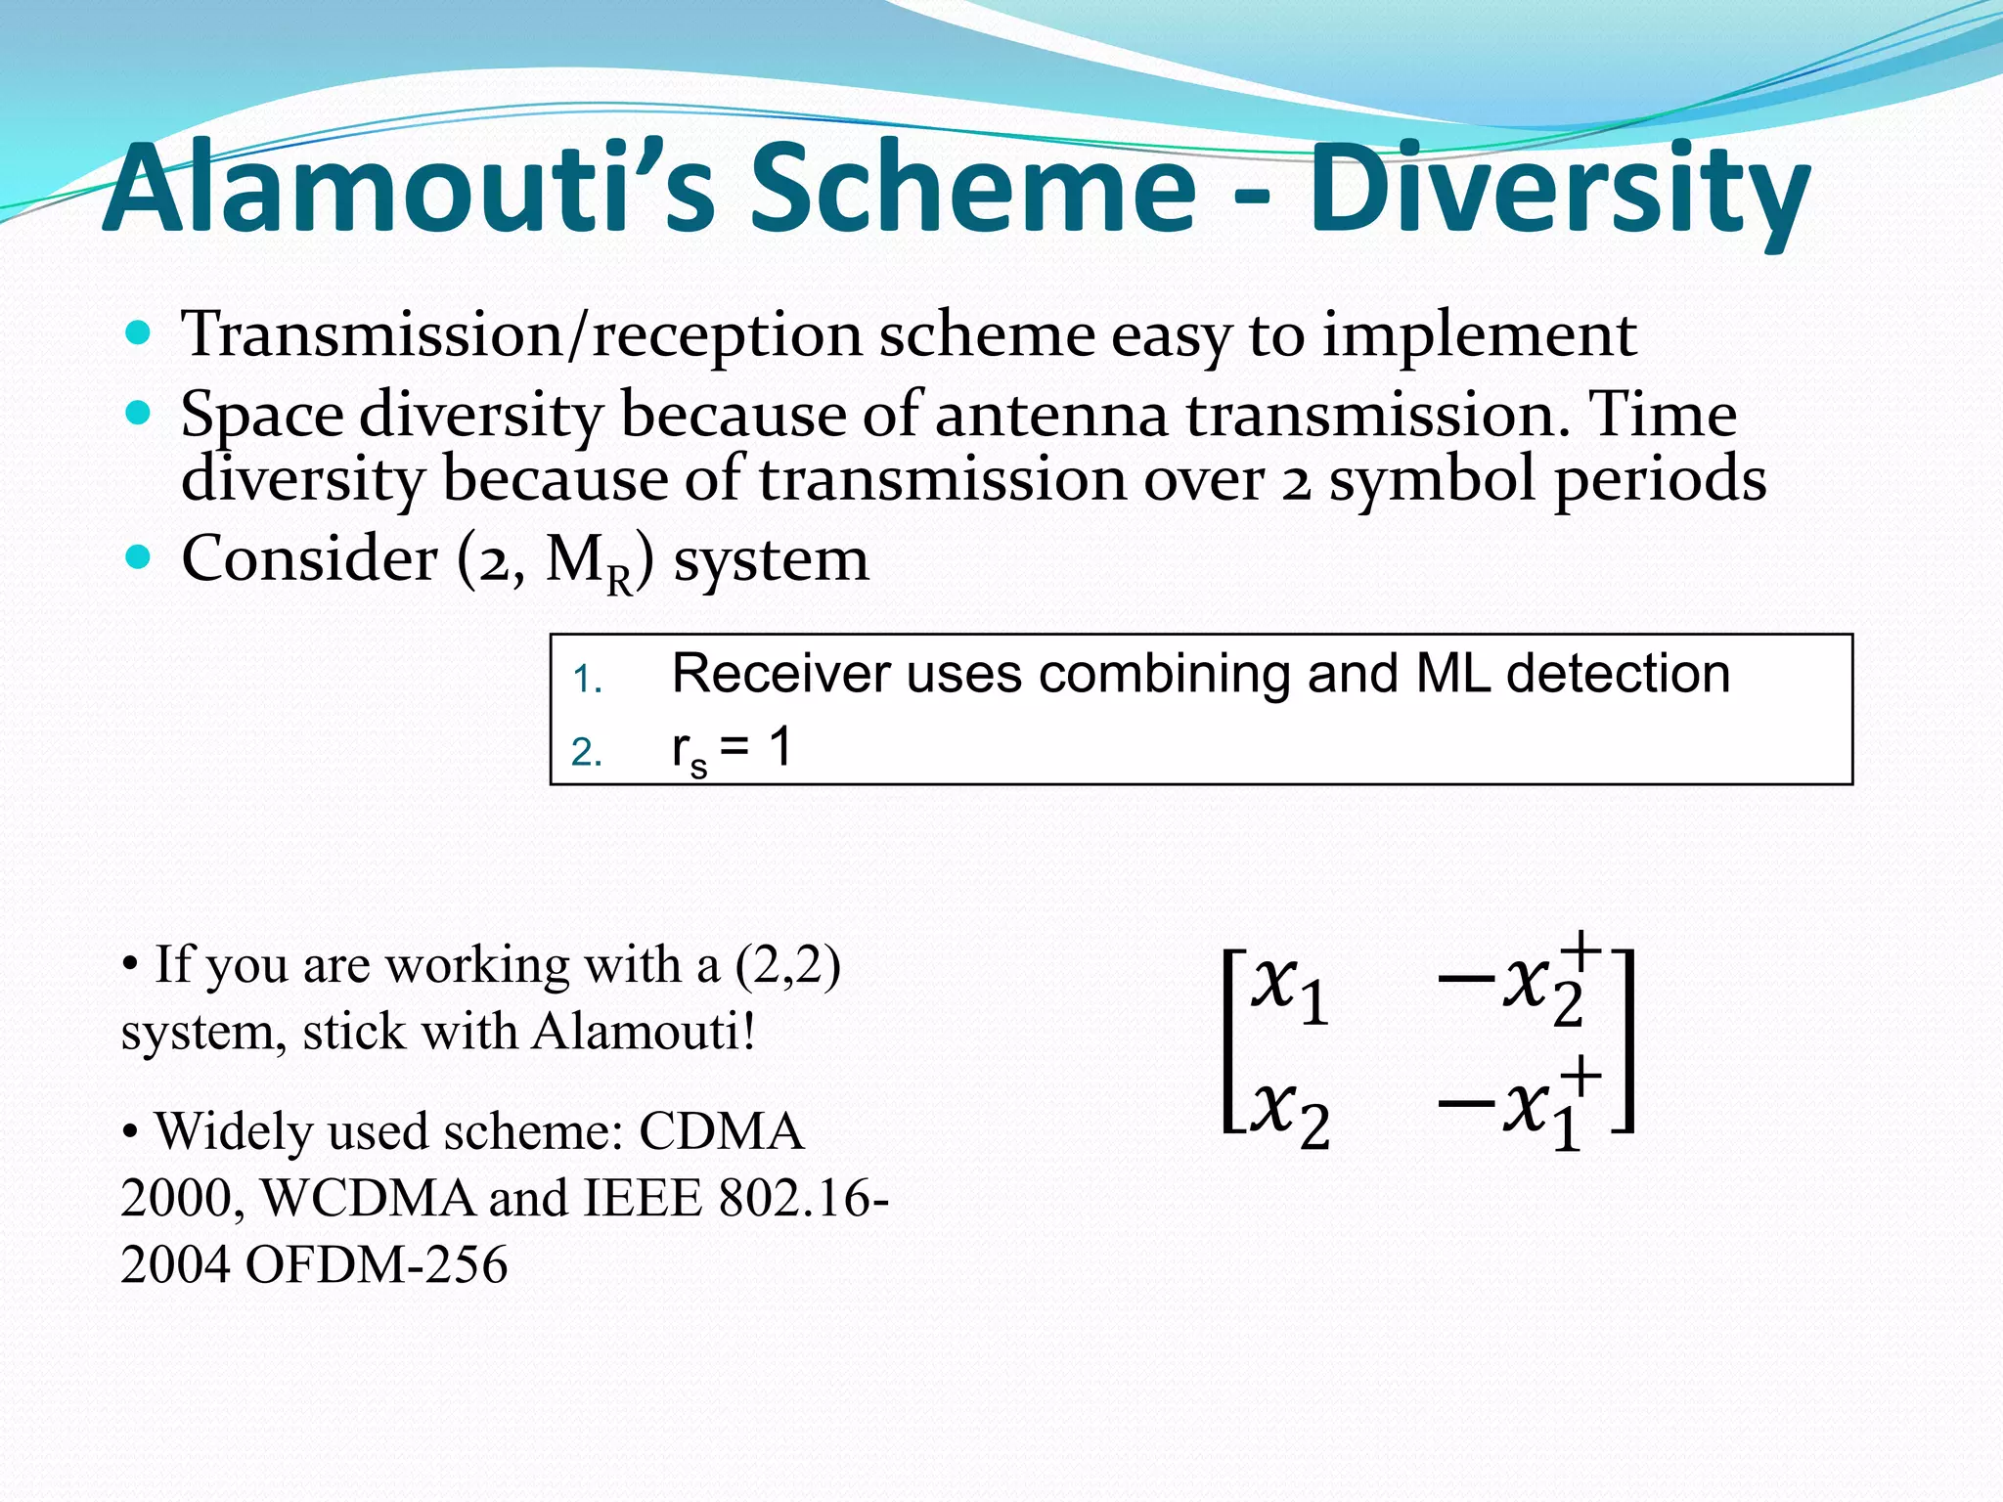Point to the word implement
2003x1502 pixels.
tap(1479, 335)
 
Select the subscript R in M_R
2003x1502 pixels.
tap(619, 584)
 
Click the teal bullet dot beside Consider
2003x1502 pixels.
tap(139, 557)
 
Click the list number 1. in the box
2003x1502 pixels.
tap(587, 680)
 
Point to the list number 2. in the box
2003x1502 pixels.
tap(587, 753)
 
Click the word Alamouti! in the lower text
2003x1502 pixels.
tap(645, 1032)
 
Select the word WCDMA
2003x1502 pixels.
tap(368, 1198)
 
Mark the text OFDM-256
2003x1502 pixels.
tap(377, 1264)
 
